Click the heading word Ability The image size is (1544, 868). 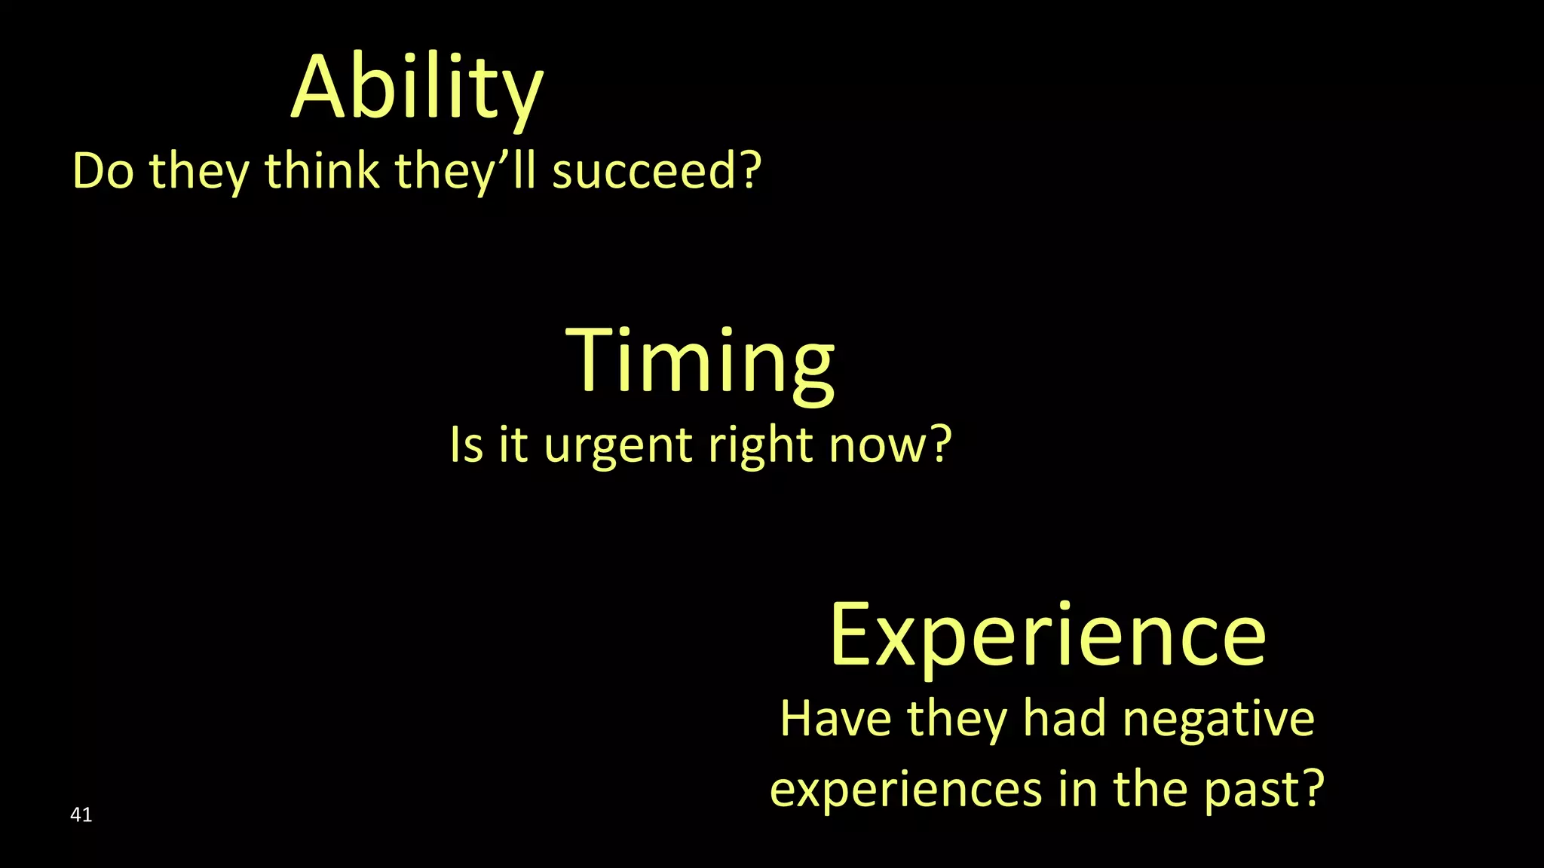click(417, 89)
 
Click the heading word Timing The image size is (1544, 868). click(700, 362)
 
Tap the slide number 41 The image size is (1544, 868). click(81, 815)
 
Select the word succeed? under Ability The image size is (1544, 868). click(657, 171)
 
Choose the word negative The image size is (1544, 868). click(1218, 720)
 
